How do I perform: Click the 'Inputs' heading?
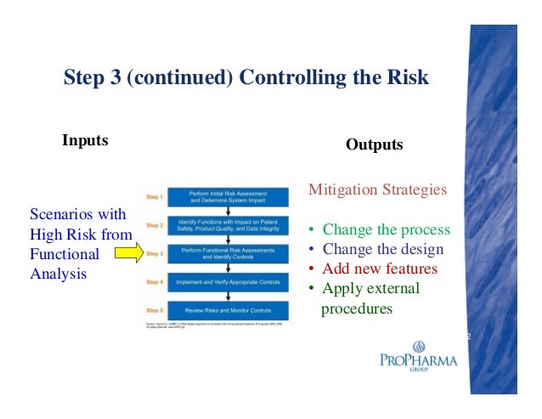tap(85, 140)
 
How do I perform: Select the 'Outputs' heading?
tap(374, 145)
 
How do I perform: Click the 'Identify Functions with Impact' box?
tap(224, 225)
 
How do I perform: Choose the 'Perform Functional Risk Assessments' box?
tap(224, 252)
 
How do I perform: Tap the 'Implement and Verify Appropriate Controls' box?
tap(224, 280)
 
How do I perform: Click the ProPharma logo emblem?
tap(418, 347)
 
